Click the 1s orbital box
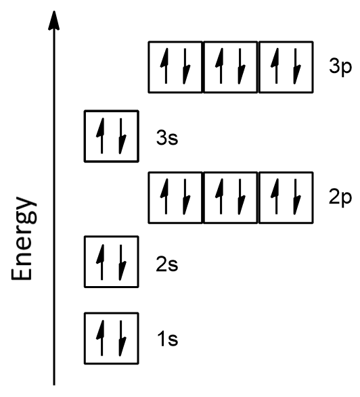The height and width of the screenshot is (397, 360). (x=111, y=337)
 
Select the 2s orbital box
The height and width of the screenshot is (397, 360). (x=111, y=262)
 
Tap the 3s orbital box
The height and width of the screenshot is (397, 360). (x=111, y=136)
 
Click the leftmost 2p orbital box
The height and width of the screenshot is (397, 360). (x=175, y=197)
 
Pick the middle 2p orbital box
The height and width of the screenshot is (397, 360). (x=230, y=197)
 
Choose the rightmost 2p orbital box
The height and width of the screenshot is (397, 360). (x=286, y=197)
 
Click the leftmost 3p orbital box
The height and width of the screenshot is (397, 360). (x=175, y=67)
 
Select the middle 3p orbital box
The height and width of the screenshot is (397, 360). (x=230, y=67)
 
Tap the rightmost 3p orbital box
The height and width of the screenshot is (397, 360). (x=286, y=67)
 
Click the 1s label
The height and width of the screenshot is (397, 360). (x=167, y=340)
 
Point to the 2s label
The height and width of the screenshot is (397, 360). (x=167, y=264)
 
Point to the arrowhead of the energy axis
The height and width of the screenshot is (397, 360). (x=54, y=20)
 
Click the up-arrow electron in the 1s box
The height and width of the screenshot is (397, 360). (x=103, y=337)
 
